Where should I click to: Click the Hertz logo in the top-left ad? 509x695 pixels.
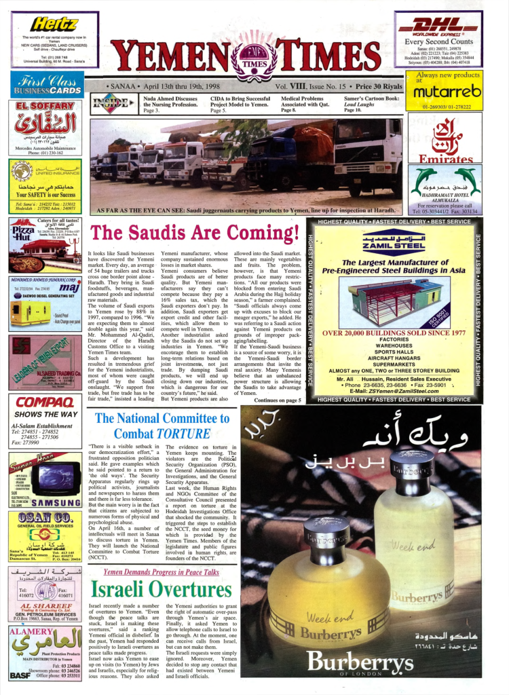(54, 24)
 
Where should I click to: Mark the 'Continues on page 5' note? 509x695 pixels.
(278, 401)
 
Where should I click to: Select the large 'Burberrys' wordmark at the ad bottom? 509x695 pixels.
(361, 662)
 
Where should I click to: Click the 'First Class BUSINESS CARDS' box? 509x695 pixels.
(47, 85)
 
